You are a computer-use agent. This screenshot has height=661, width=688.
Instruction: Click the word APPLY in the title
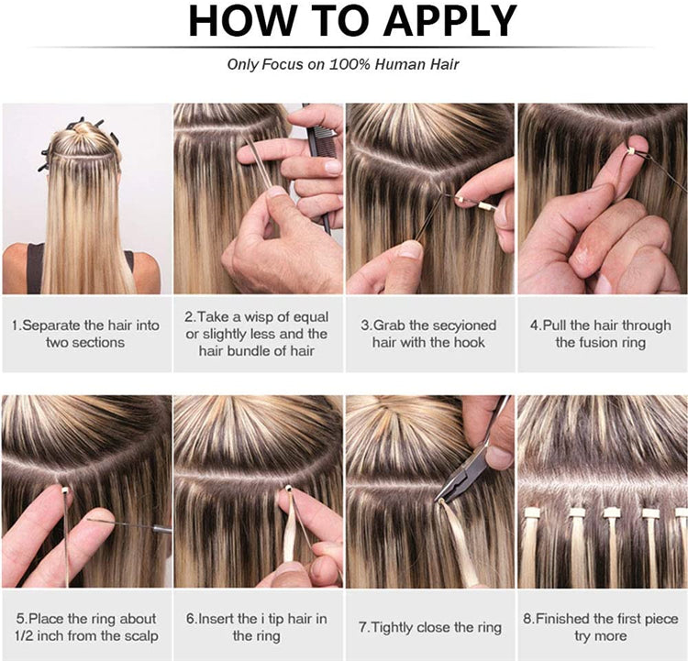click(x=450, y=21)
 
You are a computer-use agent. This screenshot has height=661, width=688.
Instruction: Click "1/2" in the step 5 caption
click(x=24, y=635)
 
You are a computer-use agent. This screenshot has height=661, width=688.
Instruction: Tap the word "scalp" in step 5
click(x=140, y=636)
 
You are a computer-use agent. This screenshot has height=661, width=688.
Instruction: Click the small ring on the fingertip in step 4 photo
click(x=630, y=151)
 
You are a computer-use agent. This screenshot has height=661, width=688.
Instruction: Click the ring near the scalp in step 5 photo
click(x=65, y=490)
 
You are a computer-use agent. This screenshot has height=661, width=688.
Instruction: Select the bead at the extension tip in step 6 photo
click(x=288, y=488)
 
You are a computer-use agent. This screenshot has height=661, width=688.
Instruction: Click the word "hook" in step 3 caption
click(x=470, y=342)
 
